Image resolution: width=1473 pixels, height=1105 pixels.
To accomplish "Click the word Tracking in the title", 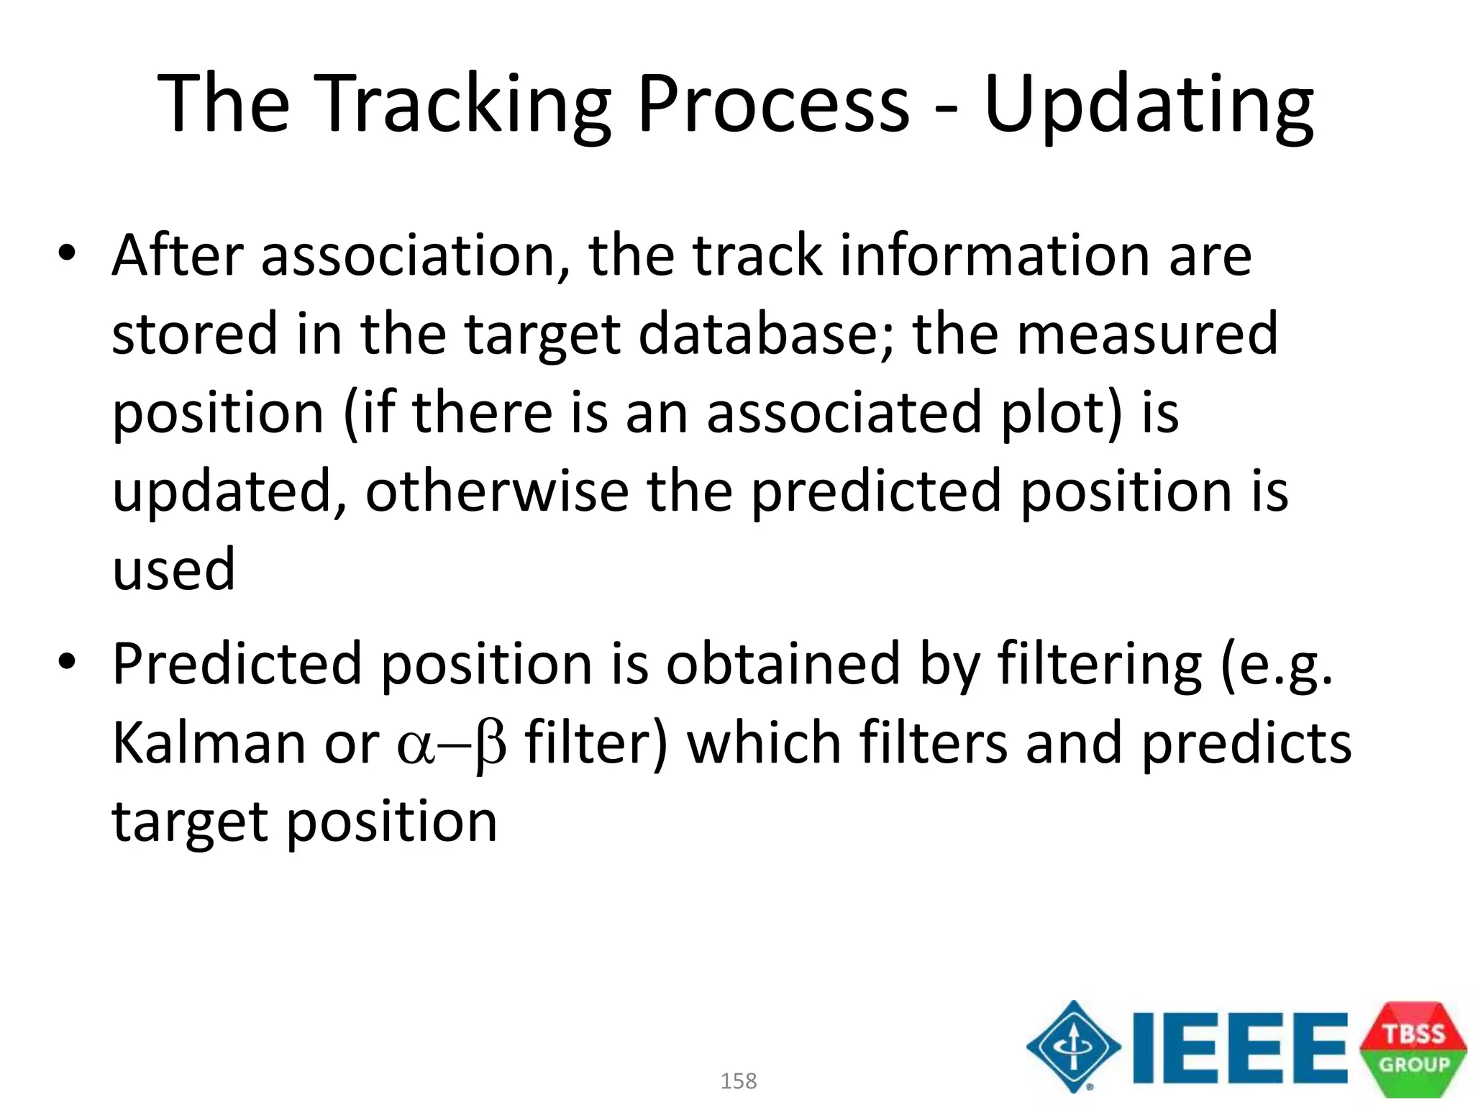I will pyautogui.click(x=461, y=104).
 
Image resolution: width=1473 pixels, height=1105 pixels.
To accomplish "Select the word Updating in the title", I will pyautogui.click(x=1149, y=104).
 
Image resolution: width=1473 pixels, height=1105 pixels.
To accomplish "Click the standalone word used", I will pyautogui.click(x=173, y=570).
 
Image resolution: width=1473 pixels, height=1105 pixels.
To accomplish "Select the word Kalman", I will pyautogui.click(x=209, y=742).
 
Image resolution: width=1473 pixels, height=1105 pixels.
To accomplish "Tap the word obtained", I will pyautogui.click(x=783, y=663).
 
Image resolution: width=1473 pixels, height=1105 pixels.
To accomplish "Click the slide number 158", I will pyautogui.click(x=739, y=1081).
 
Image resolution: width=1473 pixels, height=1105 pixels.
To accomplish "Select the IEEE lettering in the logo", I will pyautogui.click(x=1239, y=1047).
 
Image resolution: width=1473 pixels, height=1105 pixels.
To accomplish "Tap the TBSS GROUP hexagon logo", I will pyautogui.click(x=1413, y=1048).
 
